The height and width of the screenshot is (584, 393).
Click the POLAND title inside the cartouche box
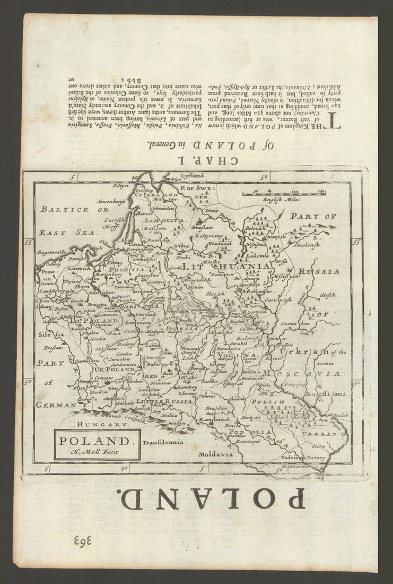tap(94, 441)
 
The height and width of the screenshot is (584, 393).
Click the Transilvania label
tap(163, 442)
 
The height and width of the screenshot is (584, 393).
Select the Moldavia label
tap(216, 454)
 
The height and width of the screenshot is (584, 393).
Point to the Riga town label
tap(161, 179)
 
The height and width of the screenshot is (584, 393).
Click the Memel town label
tap(144, 213)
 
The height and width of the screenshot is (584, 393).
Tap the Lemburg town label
tap(187, 388)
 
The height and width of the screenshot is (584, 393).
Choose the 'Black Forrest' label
tap(305, 418)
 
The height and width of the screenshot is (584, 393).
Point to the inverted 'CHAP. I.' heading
tap(199, 160)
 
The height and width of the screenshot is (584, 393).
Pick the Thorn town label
tap(82, 286)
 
